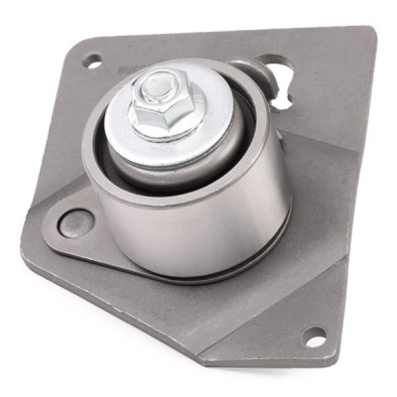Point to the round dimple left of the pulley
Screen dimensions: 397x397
pos(75,222)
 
